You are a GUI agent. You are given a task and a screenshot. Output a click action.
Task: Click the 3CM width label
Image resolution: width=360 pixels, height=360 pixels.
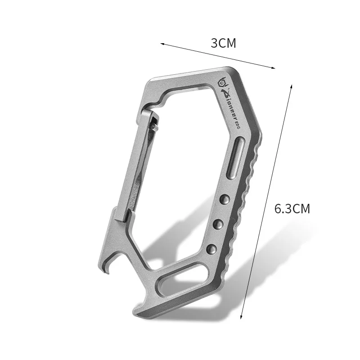pyautogui.click(x=224, y=43)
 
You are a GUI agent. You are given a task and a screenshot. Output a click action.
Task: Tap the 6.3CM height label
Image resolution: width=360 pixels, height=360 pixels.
pyautogui.click(x=292, y=209)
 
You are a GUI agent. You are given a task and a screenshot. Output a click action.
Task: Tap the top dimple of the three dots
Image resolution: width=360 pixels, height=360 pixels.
pyautogui.click(x=225, y=198)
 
